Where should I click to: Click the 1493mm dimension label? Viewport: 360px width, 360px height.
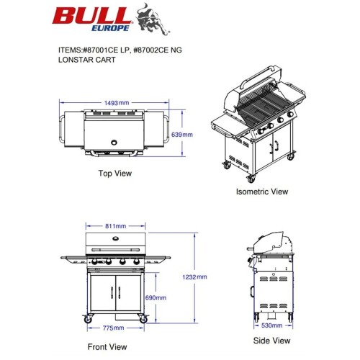tap(117, 103)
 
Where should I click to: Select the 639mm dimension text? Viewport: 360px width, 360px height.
tap(182, 135)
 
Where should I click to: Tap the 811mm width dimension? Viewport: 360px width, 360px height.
tap(115, 226)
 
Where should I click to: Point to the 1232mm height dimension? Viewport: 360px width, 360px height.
tap(194, 277)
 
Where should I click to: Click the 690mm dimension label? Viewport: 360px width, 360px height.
tap(156, 298)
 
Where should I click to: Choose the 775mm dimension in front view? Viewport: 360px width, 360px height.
tap(113, 328)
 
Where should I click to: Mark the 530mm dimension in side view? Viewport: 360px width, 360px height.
tap(271, 325)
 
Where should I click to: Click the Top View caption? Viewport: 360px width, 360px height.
tap(115, 174)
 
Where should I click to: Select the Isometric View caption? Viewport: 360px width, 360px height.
tap(262, 192)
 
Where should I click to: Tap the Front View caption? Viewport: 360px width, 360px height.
tap(107, 347)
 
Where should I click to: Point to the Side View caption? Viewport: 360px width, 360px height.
tap(271, 341)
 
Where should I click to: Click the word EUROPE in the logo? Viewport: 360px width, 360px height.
tap(110, 28)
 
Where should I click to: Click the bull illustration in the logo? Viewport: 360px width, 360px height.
tap(152, 19)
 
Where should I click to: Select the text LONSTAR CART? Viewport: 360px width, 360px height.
tap(87, 60)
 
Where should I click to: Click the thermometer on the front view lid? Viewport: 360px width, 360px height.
tap(116, 238)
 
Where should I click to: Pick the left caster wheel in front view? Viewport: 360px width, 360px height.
tap(87, 320)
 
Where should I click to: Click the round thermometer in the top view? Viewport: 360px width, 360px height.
tap(114, 143)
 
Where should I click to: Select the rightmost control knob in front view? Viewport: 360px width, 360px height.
tap(136, 262)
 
